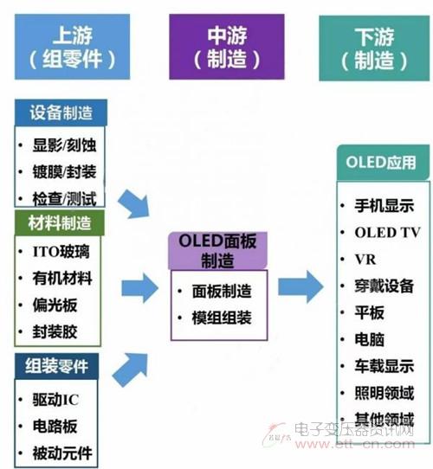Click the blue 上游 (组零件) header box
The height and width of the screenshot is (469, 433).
(x=72, y=47)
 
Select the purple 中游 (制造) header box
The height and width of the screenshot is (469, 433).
(x=227, y=47)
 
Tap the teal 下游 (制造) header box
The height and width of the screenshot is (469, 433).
(x=374, y=48)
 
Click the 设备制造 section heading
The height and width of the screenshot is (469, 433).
(x=61, y=112)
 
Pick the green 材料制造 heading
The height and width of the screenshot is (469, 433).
(x=59, y=223)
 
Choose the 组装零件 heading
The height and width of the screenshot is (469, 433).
(x=56, y=366)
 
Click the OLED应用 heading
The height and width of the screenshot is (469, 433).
(x=383, y=163)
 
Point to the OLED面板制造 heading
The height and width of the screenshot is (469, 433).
(x=217, y=251)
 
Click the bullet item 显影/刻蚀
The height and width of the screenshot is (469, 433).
(x=64, y=145)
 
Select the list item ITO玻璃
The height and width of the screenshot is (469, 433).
(x=61, y=251)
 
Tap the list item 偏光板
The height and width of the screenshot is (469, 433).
(x=55, y=305)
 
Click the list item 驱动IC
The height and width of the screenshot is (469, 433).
(x=55, y=399)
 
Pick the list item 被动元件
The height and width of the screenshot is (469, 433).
(x=62, y=453)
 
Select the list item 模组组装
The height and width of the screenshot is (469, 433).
(x=222, y=318)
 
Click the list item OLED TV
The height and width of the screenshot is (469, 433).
(x=387, y=233)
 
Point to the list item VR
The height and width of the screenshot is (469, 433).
(x=365, y=260)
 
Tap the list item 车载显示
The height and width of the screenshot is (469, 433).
(x=385, y=366)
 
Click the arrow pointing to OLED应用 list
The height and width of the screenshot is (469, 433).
(x=301, y=286)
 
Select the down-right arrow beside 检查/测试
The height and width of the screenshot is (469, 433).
(x=133, y=204)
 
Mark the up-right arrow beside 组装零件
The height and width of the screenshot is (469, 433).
(x=130, y=369)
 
